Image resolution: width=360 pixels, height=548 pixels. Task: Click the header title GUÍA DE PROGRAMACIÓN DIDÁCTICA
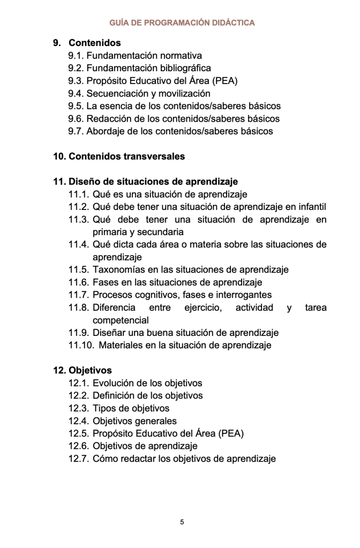(182, 22)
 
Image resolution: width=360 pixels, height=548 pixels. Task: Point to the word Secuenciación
(115, 93)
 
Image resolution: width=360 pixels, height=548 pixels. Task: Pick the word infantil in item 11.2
(311, 207)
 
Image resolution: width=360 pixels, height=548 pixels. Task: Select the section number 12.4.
(78, 421)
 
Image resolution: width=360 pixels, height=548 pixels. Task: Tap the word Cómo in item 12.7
(104, 459)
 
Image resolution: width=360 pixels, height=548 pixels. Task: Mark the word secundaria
(161, 232)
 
